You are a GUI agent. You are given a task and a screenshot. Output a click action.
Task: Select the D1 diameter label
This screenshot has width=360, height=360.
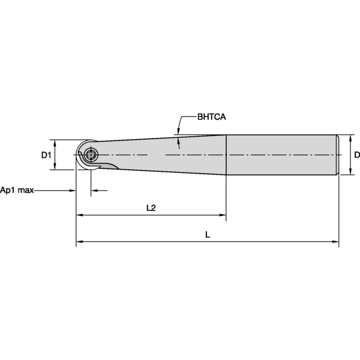point(46,155)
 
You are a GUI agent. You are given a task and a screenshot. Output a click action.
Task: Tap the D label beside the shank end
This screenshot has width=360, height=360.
point(356,155)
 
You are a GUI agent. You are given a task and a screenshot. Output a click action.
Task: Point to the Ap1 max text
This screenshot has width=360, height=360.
point(17,190)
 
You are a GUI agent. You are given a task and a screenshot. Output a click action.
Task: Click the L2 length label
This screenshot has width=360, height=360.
point(151,208)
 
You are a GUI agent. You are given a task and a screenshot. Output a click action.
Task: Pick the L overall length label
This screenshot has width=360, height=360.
point(208,235)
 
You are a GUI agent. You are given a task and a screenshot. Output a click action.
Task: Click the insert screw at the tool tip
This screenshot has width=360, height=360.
point(91,156)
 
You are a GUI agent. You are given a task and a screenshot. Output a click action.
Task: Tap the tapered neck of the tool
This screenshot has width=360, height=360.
point(162,155)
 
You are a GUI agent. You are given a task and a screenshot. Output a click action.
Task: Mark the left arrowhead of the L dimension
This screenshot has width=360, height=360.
point(79,242)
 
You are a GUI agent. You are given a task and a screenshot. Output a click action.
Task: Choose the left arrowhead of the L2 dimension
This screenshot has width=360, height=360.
point(79,215)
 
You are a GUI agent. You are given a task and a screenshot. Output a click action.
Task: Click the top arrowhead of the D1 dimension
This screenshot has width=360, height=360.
point(55,143)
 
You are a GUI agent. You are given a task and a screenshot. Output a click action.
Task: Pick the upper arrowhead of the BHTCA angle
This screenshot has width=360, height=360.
point(178,131)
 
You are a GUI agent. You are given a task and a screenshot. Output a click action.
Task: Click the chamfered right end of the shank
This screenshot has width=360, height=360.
point(337,155)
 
